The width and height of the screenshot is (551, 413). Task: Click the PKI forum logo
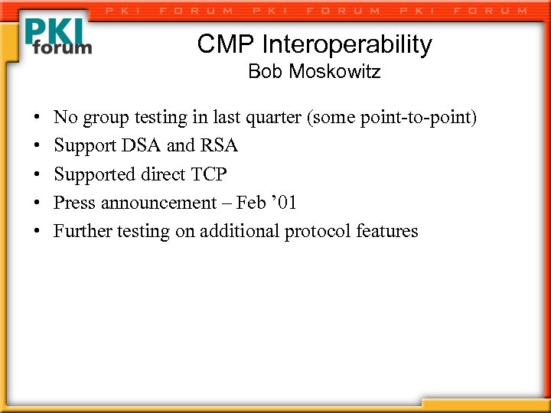57,36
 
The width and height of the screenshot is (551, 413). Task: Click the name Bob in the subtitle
263,73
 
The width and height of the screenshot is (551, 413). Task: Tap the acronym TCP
208,174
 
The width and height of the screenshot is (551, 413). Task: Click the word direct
161,174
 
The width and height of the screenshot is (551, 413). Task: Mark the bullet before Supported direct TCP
36,175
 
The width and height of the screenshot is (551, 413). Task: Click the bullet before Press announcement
36,203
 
